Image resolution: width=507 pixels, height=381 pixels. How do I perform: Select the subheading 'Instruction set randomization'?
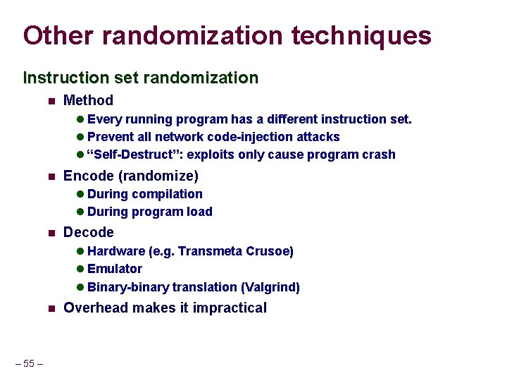[x=141, y=77]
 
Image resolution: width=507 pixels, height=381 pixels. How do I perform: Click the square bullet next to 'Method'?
[x=51, y=102]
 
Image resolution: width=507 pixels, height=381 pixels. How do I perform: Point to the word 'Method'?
[x=88, y=101]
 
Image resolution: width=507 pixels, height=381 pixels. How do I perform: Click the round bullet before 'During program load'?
[x=80, y=212]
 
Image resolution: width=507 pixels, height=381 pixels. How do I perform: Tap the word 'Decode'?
[x=88, y=232]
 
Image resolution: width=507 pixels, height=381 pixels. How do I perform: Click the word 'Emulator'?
[x=115, y=269]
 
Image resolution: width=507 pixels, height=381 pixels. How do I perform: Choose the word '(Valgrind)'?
[x=270, y=287]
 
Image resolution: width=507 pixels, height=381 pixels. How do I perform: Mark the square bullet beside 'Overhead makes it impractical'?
[x=51, y=308]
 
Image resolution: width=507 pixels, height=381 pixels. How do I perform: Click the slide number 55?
[x=29, y=363]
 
